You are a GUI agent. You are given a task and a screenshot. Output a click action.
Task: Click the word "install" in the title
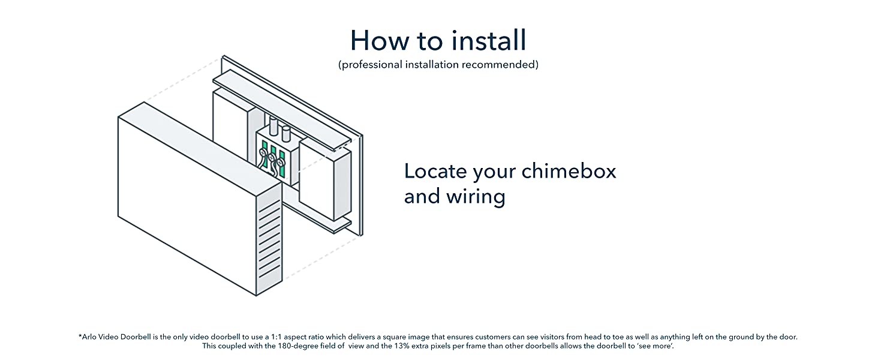(x=480, y=40)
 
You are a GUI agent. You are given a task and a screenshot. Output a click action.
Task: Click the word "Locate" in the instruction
(x=435, y=172)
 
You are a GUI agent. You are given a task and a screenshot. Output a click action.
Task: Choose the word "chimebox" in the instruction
(x=569, y=172)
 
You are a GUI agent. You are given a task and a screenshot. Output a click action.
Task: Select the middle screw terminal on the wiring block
(x=272, y=158)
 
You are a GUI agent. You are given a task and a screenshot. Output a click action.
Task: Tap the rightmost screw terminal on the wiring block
(x=280, y=163)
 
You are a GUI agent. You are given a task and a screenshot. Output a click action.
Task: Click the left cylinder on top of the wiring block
(x=274, y=127)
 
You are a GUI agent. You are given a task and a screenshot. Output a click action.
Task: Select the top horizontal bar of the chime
(x=282, y=107)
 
